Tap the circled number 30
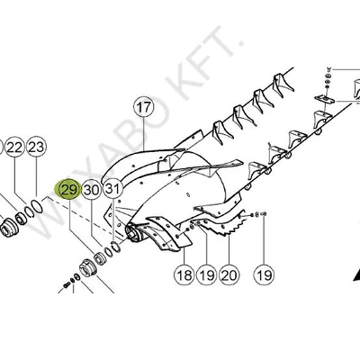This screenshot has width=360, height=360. pyautogui.click(x=91, y=190)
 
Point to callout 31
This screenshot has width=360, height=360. pyautogui.click(x=112, y=189)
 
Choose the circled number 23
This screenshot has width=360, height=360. pyautogui.click(x=36, y=147)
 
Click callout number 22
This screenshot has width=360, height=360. pyautogui.click(x=14, y=147)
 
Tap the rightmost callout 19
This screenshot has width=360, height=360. pyautogui.click(x=262, y=275)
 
